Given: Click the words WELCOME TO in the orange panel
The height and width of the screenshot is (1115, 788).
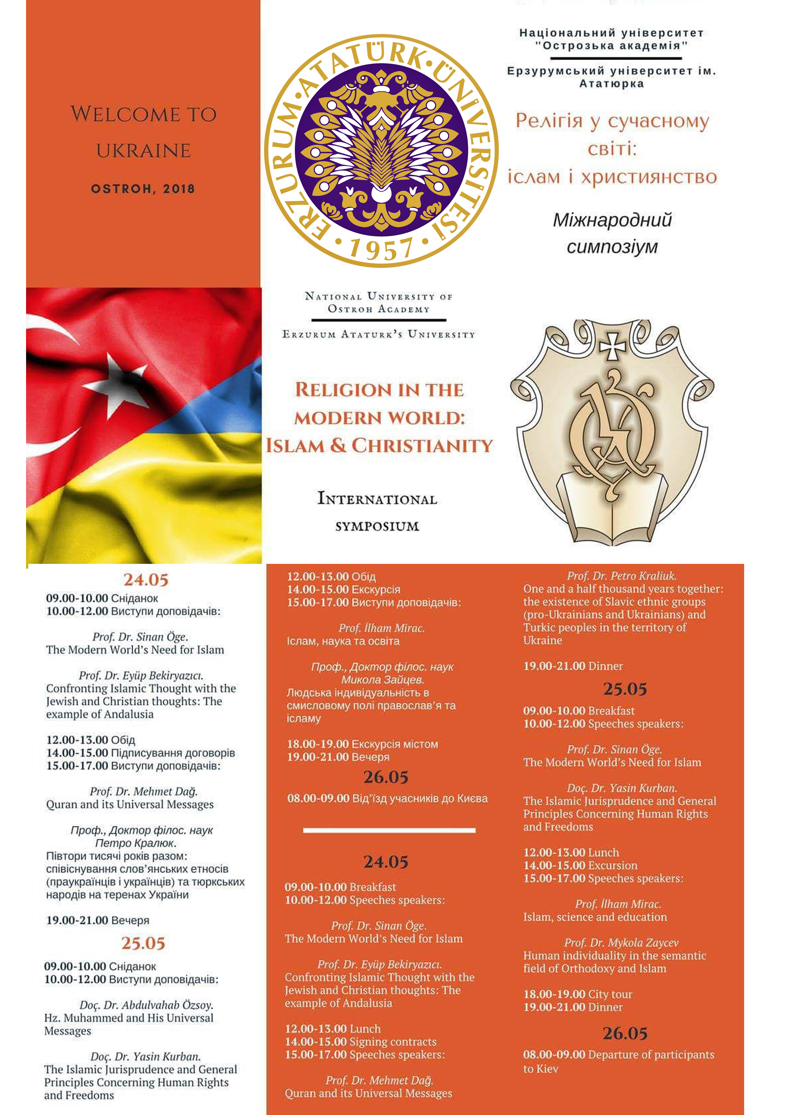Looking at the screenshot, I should [143, 114].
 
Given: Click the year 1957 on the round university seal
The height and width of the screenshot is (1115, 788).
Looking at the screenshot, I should [381, 249].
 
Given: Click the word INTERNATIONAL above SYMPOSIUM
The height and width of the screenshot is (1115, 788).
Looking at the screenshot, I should [377, 499].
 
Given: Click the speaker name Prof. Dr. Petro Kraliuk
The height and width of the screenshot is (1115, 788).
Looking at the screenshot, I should [622, 576].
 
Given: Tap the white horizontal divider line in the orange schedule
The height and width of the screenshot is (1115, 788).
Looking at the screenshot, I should [389, 831].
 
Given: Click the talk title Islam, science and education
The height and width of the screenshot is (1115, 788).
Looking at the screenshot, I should [595, 917].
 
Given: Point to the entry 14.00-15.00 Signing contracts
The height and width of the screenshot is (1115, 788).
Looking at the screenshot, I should [360, 1042].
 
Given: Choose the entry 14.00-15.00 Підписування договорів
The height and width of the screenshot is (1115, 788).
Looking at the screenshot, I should [140, 753].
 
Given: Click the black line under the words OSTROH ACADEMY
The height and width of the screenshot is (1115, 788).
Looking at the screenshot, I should [379, 320].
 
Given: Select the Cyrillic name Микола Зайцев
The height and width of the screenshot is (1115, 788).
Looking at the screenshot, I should [383, 680].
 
